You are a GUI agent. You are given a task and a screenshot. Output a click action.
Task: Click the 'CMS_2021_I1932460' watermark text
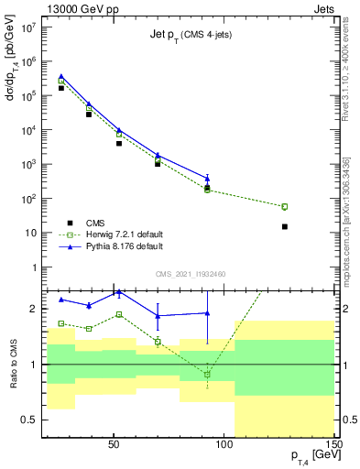point(190,274)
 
